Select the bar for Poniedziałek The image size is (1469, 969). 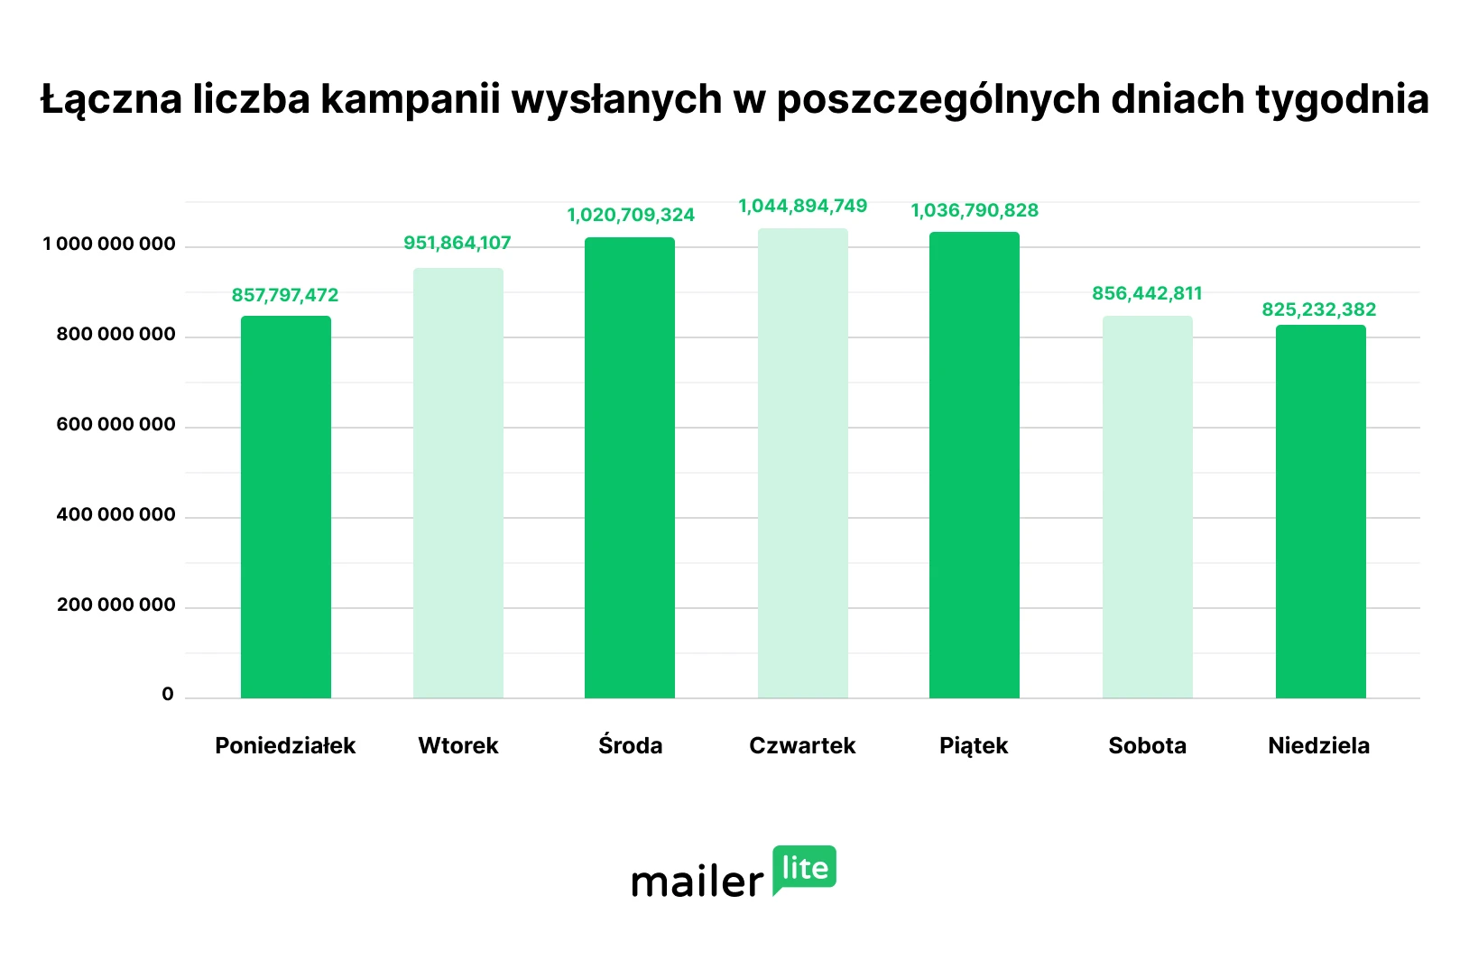coord(285,507)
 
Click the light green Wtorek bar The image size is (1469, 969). coord(458,484)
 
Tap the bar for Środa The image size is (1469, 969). coord(630,467)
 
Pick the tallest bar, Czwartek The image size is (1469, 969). coord(802,463)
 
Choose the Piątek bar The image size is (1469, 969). coord(975,465)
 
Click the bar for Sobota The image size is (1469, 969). coord(1147,507)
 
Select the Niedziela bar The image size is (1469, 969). coord(1320,512)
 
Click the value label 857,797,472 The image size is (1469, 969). coord(285,295)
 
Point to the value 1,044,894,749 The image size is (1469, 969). coord(802,206)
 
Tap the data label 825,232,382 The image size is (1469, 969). coord(1318,309)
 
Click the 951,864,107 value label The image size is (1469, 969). coord(457,243)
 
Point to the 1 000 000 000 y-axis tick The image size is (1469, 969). coord(109,245)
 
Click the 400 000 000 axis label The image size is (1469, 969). coord(115,515)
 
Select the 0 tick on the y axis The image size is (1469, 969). coord(168,695)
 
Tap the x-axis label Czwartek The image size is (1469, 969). coord(802,745)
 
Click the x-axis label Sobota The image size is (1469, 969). coord(1147,745)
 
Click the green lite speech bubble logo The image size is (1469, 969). coord(805,869)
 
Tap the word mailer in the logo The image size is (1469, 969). coord(698,881)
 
